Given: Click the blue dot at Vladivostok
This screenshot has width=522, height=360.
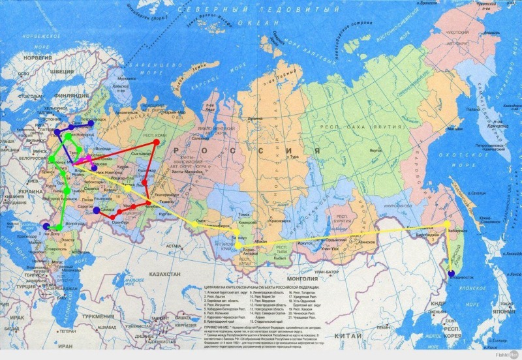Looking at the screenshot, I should pyautogui.click(x=451, y=273).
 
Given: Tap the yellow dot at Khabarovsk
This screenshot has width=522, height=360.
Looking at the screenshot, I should pyautogui.click(x=447, y=224).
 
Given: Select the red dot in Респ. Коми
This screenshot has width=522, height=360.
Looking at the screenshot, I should pyautogui.click(x=156, y=142).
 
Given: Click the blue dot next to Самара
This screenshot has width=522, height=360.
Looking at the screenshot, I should pyautogui.click(x=97, y=211).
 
